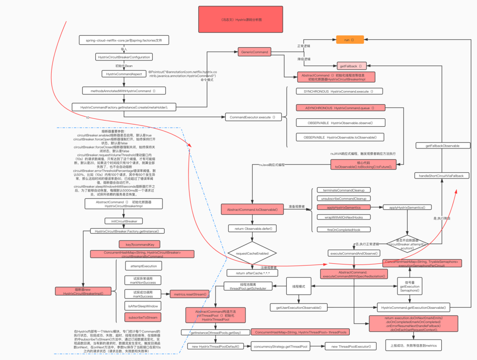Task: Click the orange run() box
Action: [350, 40]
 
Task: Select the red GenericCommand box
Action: [254, 52]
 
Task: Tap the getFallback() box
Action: [351, 66]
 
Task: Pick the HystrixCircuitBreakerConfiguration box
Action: [124, 57]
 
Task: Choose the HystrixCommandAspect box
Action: [124, 74]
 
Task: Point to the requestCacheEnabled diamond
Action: [252, 254]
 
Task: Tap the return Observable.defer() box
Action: [249, 228]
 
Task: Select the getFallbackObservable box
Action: [442, 145]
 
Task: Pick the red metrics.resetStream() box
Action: [189, 294]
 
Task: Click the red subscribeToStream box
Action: [143, 317]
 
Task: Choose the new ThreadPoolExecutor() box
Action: [354, 346]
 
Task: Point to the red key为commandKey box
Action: [139, 244]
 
